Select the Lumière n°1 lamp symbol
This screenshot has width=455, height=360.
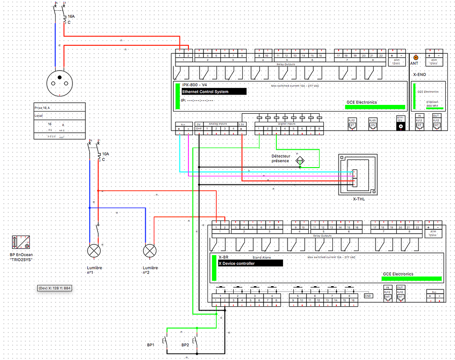coord(94,251)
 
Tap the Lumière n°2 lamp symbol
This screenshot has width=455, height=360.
coord(150,251)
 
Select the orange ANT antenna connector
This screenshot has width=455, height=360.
coord(416,57)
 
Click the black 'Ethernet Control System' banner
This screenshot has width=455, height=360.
coord(214,92)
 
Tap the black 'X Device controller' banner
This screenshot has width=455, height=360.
coord(250,263)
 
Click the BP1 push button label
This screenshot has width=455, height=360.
coord(151,345)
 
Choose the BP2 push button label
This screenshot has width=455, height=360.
coord(185,345)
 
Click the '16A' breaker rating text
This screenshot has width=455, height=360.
coord(71,16)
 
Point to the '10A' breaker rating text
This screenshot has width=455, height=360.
coord(105,154)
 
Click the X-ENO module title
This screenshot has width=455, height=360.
coord(419,75)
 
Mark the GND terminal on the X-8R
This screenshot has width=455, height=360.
coord(368,296)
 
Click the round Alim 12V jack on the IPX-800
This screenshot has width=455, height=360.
coord(401,126)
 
